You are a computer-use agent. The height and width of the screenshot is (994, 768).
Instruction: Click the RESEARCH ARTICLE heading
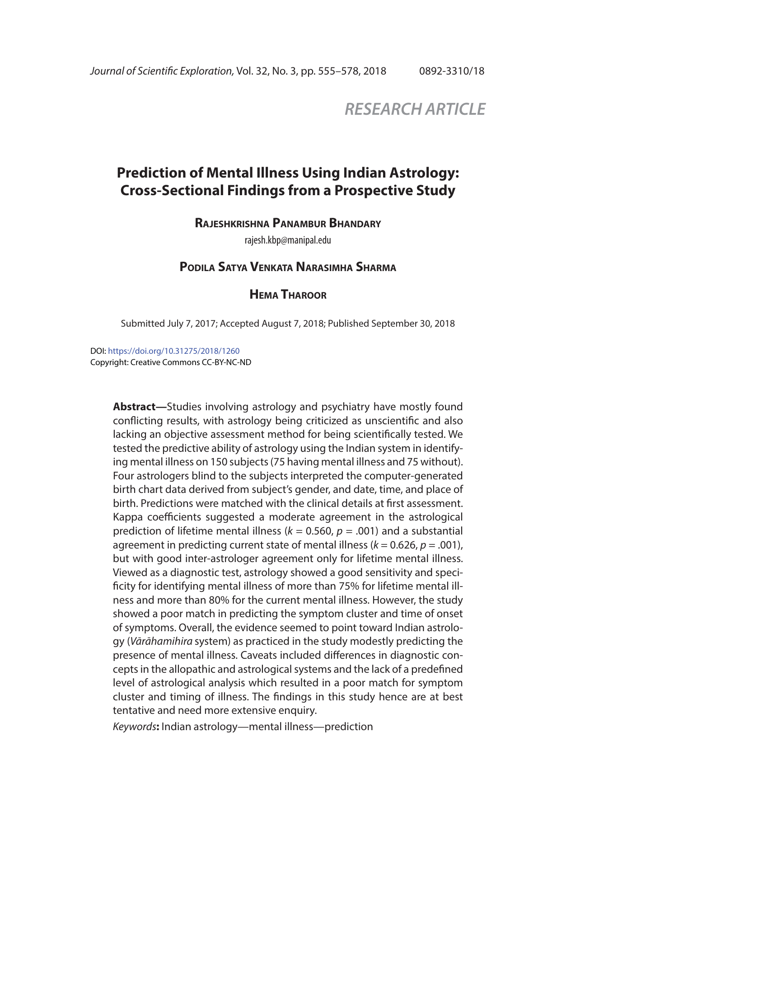click(x=414, y=109)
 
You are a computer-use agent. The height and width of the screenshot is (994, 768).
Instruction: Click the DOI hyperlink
click(x=173, y=351)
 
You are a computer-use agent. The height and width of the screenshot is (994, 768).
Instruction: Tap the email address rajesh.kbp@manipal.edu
click(x=287, y=240)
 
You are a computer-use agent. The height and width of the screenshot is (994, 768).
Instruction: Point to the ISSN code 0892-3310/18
click(x=451, y=71)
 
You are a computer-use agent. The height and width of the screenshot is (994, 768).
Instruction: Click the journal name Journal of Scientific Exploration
click(x=162, y=71)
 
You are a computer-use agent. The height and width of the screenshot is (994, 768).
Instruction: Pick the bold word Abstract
click(x=134, y=407)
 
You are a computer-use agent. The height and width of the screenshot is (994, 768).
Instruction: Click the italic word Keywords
click(x=134, y=727)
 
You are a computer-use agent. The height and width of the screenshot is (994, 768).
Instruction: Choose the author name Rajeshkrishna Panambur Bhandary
click(x=287, y=224)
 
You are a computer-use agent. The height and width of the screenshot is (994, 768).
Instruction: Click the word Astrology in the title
click(x=431, y=173)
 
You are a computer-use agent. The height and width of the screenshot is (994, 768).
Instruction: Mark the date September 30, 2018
click(x=412, y=324)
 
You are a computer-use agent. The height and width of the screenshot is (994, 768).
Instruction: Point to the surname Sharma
click(x=376, y=267)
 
